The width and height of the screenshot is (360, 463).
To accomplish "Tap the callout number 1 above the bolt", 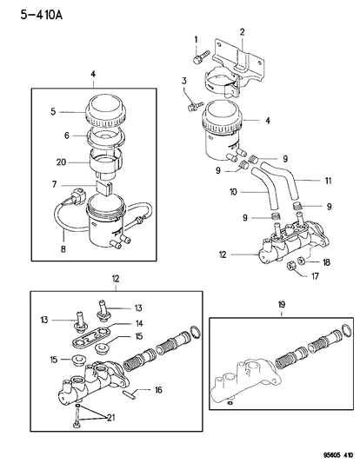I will (x=197, y=38).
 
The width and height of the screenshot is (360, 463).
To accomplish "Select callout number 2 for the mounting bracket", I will (x=243, y=32).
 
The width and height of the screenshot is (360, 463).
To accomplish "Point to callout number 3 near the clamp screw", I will (x=183, y=81).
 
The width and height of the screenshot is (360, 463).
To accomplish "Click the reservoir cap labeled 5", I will (x=109, y=111).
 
